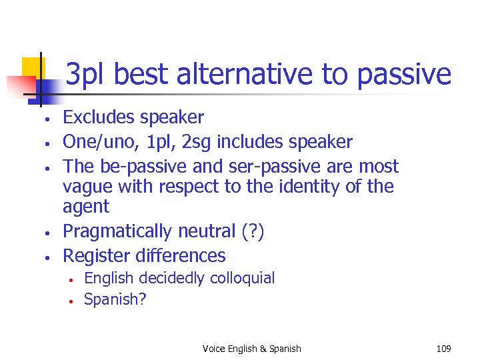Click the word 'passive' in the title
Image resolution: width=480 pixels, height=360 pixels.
click(x=404, y=75)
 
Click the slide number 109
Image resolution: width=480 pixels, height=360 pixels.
click(x=443, y=349)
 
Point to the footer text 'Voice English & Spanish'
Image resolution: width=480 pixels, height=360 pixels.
click(x=251, y=349)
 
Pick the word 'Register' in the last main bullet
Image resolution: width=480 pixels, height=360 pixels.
click(x=96, y=255)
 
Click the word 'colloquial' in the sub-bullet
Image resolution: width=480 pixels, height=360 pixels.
click(x=242, y=278)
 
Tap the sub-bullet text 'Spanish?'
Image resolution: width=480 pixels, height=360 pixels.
click(x=115, y=299)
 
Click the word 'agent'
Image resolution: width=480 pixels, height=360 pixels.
click(x=85, y=207)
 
